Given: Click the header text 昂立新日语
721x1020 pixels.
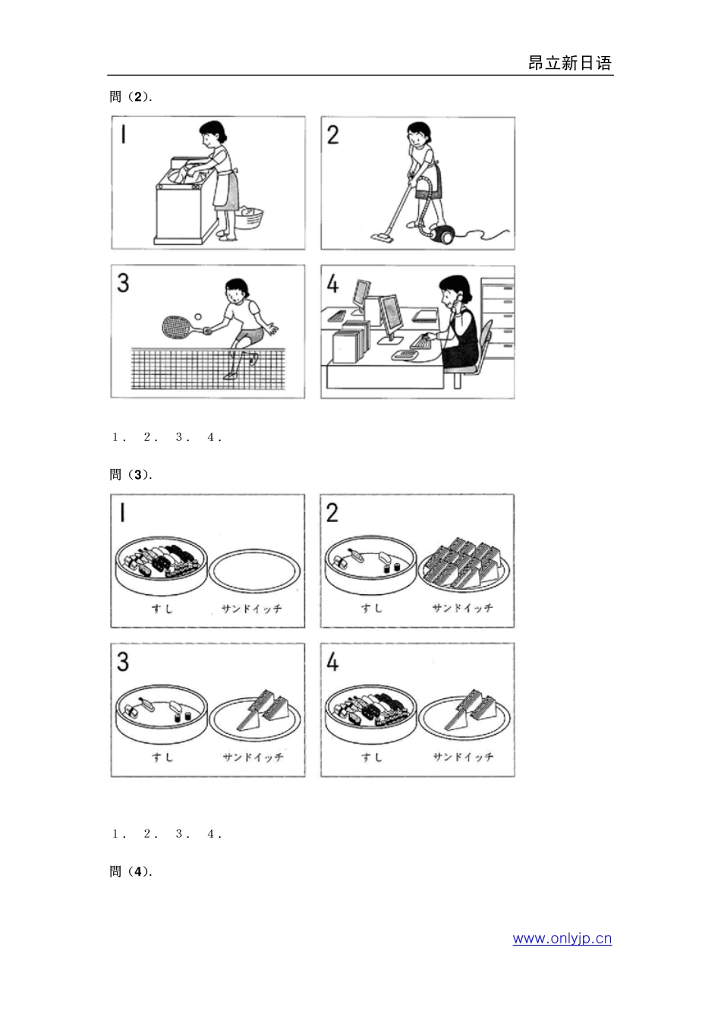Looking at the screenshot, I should click(569, 63).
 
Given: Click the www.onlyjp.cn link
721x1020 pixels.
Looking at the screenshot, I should click(562, 938).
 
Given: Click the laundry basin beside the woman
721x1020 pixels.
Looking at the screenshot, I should click(249, 218).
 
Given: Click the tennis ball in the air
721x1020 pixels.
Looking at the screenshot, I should click(198, 316).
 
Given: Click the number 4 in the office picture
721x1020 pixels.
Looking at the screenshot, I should click(332, 284).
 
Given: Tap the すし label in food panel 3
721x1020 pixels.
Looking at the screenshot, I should click(161, 757).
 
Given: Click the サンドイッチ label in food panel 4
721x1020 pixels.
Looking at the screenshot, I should click(463, 757).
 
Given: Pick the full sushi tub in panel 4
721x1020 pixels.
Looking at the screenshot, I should click(371, 713).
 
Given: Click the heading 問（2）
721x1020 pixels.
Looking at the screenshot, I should click(131, 96).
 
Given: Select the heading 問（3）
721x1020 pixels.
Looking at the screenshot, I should click(131, 474).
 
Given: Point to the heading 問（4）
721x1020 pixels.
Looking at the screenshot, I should click(131, 871).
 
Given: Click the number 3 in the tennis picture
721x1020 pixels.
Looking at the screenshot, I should click(123, 284).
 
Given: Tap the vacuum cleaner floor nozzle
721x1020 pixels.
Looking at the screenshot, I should click(383, 238).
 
